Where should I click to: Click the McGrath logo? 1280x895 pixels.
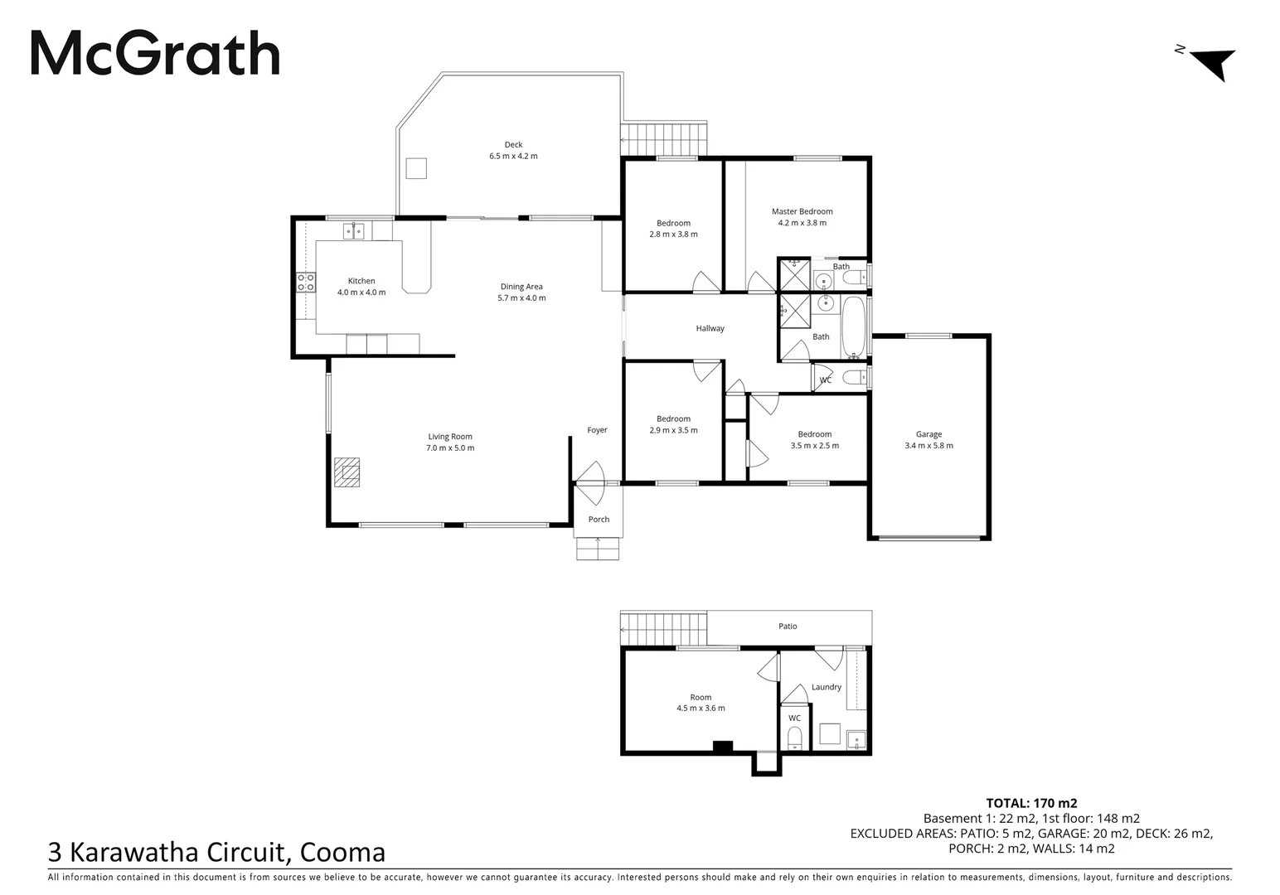(155, 54)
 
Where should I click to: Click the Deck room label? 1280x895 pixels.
(513, 145)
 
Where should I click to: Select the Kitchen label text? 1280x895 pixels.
(361, 281)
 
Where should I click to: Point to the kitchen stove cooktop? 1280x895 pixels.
(305, 282)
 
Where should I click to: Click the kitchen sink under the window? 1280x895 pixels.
(354, 230)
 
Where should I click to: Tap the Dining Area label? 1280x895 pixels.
(521, 287)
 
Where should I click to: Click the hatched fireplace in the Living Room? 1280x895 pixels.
(347, 472)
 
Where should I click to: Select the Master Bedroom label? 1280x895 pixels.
(802, 211)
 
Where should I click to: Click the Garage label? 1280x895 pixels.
(928, 434)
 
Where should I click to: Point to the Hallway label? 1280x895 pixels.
(710, 328)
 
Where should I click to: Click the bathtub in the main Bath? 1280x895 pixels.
(853, 327)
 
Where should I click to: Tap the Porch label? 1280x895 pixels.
(599, 520)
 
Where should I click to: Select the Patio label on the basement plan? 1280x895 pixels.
(788, 626)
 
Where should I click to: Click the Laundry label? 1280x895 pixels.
(826, 687)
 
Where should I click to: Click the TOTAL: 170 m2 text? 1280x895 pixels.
(1031, 803)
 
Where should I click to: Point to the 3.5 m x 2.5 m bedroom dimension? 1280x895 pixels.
(814, 446)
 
